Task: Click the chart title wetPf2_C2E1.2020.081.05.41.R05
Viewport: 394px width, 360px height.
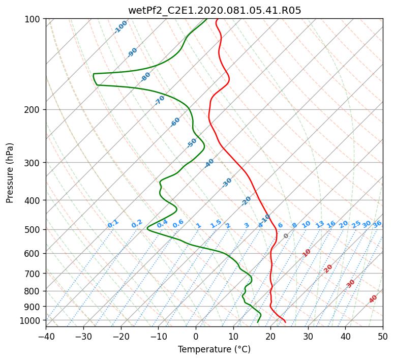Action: pyautogui.click(x=215, y=11)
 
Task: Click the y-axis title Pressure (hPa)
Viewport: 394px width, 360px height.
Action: pyautogui.click(x=10, y=173)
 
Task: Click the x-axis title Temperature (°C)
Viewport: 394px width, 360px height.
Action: pyautogui.click(x=215, y=349)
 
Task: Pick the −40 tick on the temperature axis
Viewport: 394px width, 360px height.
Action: pyautogui.click(x=46, y=336)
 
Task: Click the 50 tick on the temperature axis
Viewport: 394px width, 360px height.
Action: pyautogui.click(x=383, y=336)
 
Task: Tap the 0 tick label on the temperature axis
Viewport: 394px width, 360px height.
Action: pyautogui.click(x=196, y=336)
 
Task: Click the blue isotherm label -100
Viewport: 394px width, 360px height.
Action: pyautogui.click(x=120, y=27)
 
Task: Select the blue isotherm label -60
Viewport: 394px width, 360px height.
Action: pyautogui.click(x=175, y=122)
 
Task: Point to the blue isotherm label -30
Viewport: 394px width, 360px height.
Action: pyautogui.click(x=227, y=183)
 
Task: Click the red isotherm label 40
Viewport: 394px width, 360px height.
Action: pyautogui.click(x=373, y=299)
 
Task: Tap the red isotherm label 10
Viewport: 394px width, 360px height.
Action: pyautogui.click(x=307, y=253)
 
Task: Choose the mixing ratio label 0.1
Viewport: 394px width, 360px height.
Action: pyautogui.click(x=113, y=224)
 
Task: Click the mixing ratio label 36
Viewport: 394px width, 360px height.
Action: pyautogui.click(x=377, y=225)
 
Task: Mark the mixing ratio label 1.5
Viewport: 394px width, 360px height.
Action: pyautogui.click(x=216, y=224)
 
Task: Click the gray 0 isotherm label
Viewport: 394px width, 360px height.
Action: pyautogui.click(x=286, y=236)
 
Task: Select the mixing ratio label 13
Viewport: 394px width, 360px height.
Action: pyautogui.click(x=320, y=225)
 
